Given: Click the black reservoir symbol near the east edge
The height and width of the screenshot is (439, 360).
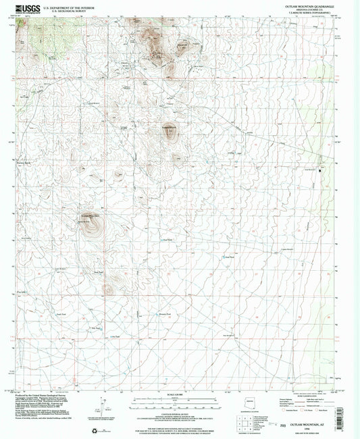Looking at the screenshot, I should coord(322,165).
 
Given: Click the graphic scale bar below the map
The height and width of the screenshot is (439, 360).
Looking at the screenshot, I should coord(180,400).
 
